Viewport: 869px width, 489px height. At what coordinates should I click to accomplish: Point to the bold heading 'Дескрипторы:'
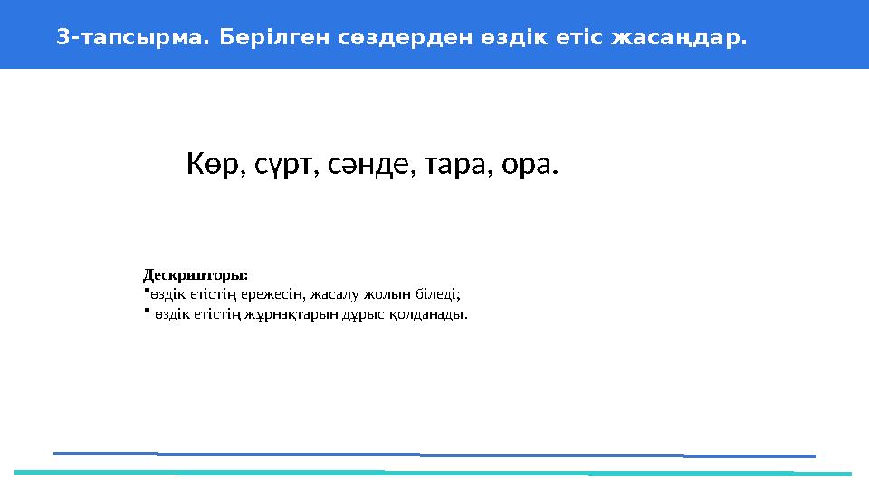click(196, 273)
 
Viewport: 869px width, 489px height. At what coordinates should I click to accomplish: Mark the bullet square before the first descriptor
click(146, 292)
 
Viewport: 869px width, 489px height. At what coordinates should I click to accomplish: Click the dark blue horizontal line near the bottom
click(434, 455)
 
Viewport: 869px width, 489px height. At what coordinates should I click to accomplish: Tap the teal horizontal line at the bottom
click(434, 473)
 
